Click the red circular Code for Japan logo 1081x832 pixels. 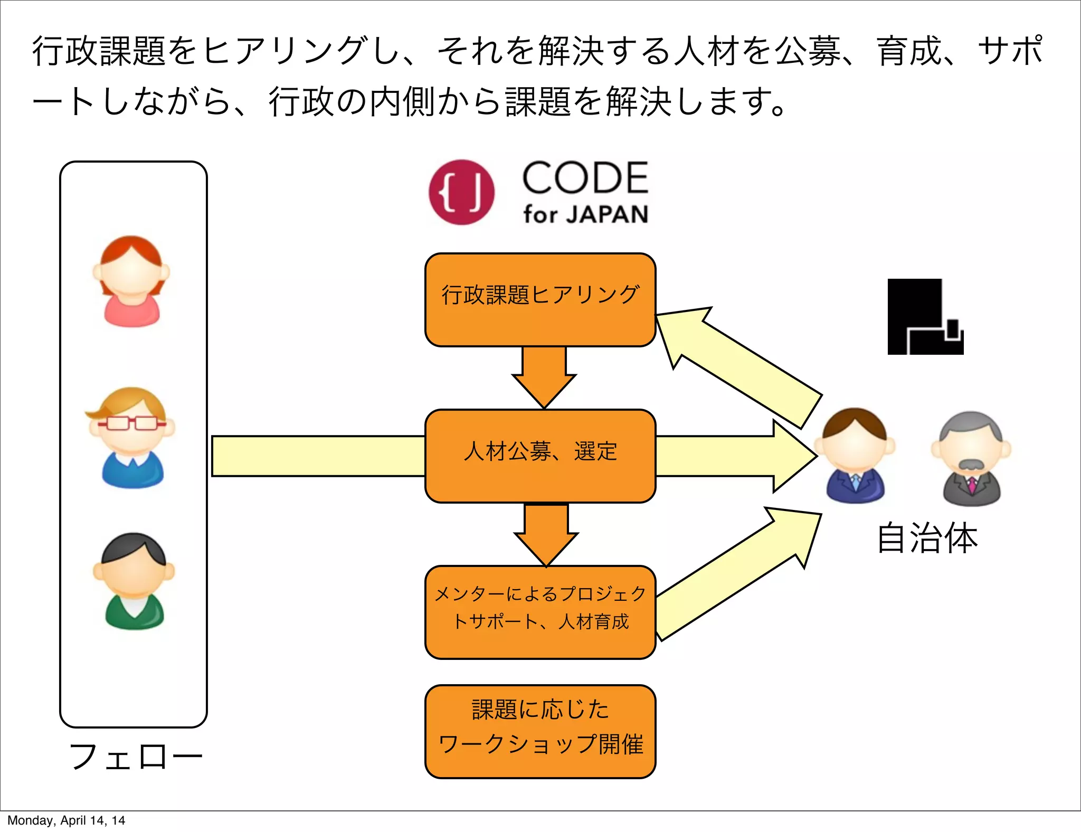point(461,192)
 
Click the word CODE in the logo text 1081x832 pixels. point(585,178)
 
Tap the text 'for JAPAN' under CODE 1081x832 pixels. point(585,214)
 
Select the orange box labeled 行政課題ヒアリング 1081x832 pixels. point(540,300)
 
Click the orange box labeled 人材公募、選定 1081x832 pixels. point(540,456)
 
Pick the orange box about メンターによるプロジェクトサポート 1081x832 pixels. point(540,612)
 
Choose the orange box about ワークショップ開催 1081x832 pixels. point(540,731)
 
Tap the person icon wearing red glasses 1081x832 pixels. point(131,438)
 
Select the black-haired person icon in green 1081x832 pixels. point(134,581)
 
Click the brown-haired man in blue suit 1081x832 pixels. point(855,455)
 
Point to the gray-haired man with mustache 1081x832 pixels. point(971,458)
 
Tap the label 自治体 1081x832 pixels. point(927,538)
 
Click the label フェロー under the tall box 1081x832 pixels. point(136,757)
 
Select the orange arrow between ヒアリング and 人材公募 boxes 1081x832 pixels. point(544,377)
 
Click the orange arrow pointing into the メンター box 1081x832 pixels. point(546,534)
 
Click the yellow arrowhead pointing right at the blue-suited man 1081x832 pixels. point(792,456)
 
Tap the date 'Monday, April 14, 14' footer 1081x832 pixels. point(66,820)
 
